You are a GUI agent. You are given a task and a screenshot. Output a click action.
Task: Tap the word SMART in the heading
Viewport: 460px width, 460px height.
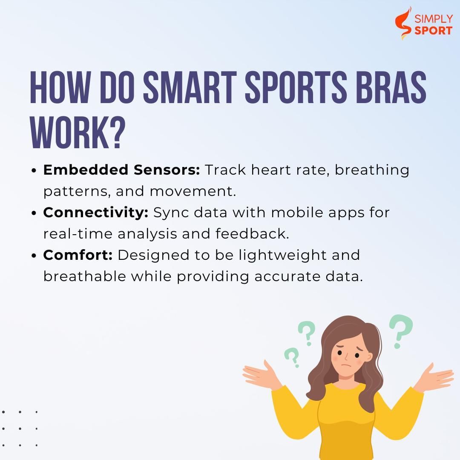point(190,87)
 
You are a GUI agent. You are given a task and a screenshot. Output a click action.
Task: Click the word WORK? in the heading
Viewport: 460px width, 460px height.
point(78,132)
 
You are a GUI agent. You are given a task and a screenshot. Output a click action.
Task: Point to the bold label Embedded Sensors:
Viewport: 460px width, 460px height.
point(121,170)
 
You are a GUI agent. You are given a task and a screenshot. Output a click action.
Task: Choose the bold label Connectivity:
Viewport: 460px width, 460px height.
point(96,213)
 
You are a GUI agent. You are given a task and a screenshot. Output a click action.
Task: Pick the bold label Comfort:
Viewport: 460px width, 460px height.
point(78,255)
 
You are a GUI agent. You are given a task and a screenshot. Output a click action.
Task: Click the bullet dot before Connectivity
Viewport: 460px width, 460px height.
point(34,213)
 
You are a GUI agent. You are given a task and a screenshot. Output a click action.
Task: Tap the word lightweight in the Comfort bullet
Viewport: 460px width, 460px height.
point(282,255)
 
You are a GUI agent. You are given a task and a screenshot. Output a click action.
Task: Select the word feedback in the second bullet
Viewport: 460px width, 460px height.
point(252,234)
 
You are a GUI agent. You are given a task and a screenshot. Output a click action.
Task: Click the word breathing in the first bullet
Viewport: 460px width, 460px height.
point(372,170)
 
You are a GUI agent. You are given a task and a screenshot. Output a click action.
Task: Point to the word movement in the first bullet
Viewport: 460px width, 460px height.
point(193,192)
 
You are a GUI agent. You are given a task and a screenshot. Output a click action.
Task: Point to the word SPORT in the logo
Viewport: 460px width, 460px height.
point(433,31)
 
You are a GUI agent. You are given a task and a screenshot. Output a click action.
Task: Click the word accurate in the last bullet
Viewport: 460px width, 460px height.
point(287,277)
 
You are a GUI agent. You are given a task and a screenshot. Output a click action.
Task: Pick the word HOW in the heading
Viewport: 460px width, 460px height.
point(60,87)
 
